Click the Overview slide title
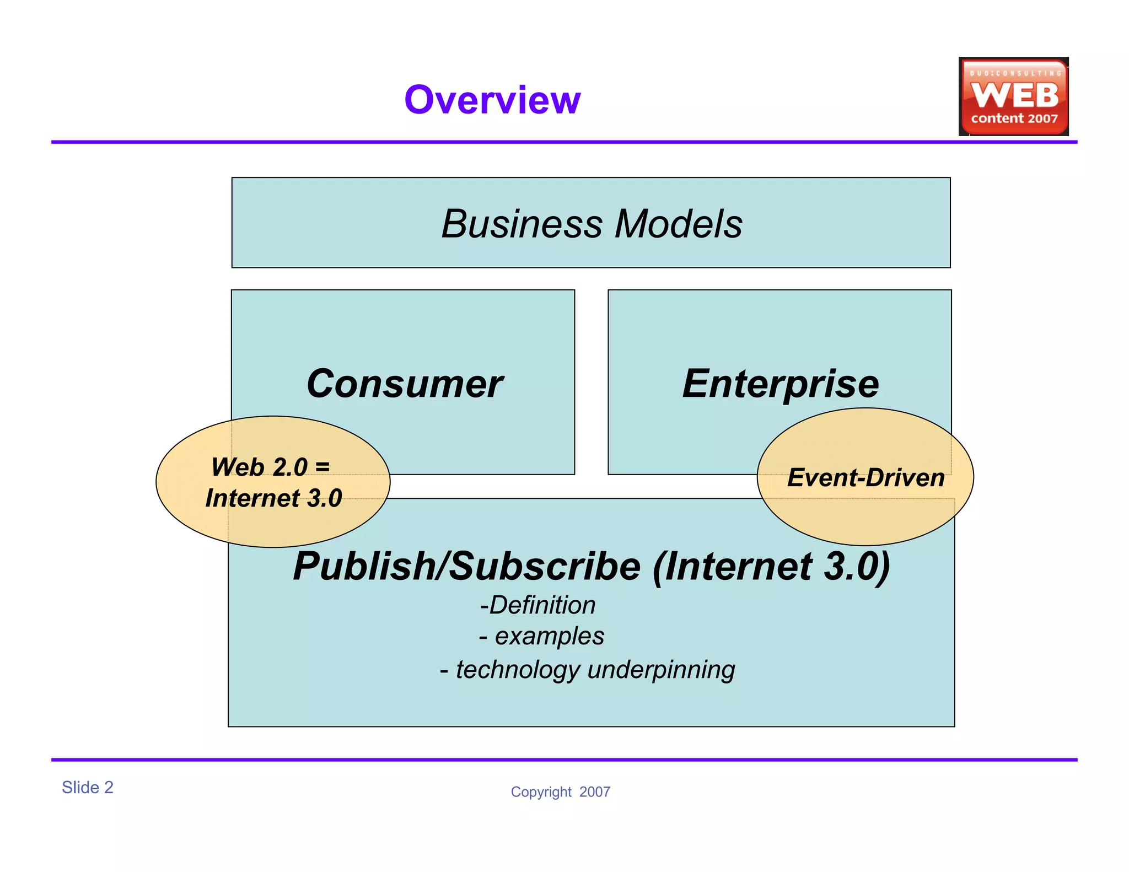pos(492,100)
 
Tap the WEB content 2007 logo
pos(1013,96)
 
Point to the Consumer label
pos(405,384)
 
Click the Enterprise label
pos(781,384)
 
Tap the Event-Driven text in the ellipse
pos(865,477)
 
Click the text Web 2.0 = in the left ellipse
pos(270,467)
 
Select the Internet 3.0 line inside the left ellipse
pos(273,498)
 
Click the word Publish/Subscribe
pos(467,566)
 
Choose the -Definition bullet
pos(538,605)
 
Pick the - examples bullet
pos(542,636)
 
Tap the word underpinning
pos(662,670)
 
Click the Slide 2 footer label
pos(87,787)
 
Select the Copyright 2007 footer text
pos(560,792)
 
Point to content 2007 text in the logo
pos(1014,119)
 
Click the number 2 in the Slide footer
pos(109,787)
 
